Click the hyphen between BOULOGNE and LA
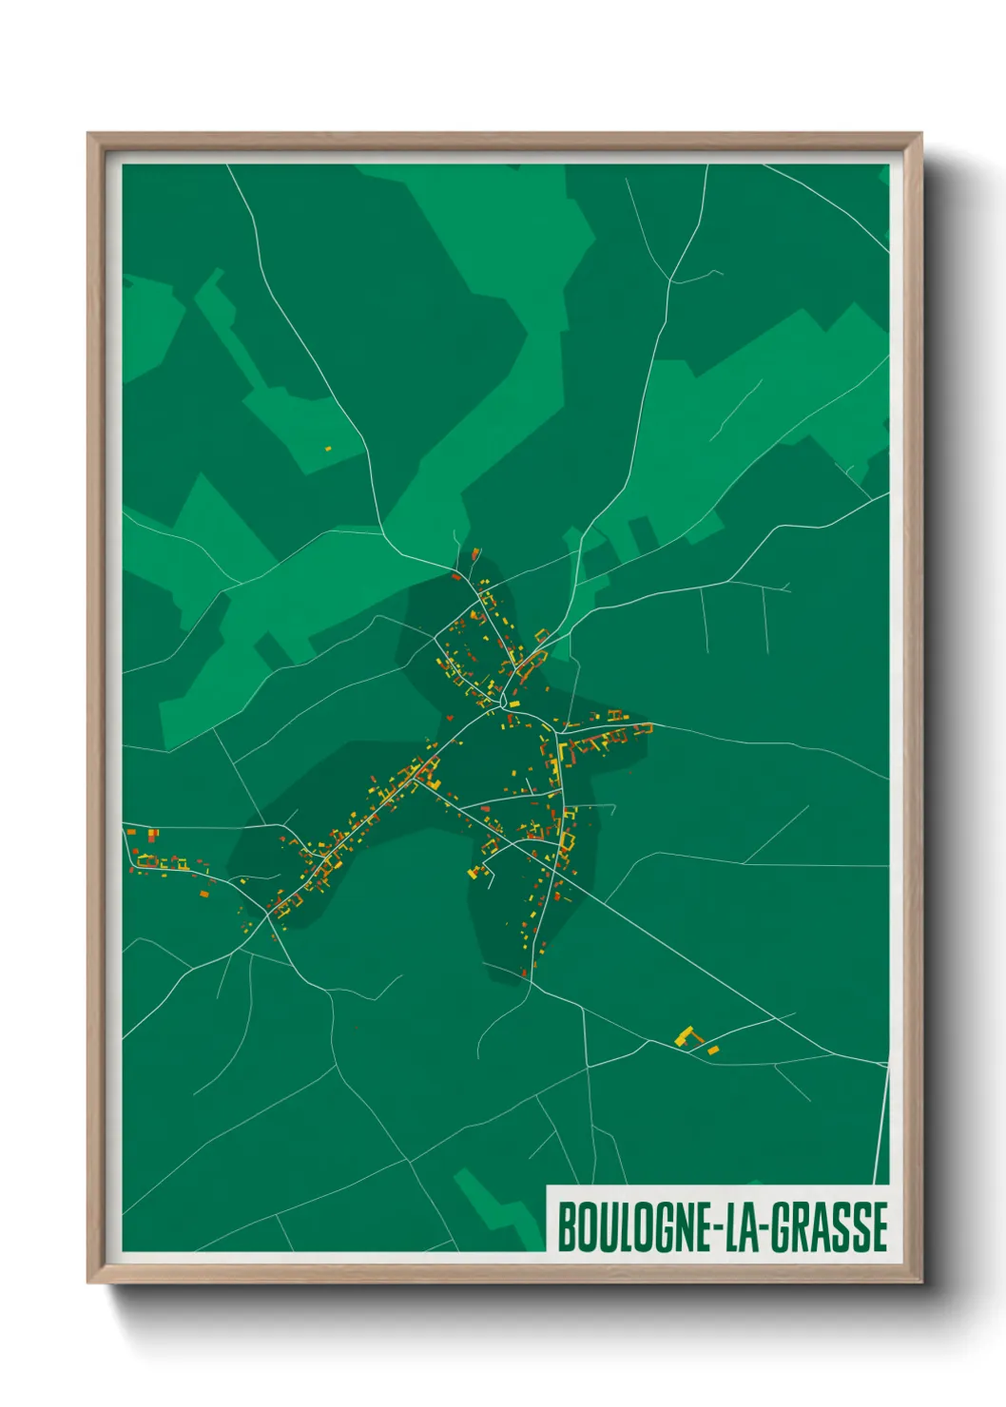point(717,1228)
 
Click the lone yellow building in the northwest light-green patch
point(328,448)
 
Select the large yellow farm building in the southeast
point(684,1035)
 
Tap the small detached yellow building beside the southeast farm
point(713,1050)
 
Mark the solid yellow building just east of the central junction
point(514,703)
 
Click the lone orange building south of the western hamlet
point(204,893)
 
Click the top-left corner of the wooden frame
point(89,135)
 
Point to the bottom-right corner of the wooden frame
point(919,1281)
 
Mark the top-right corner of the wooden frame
point(919,135)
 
